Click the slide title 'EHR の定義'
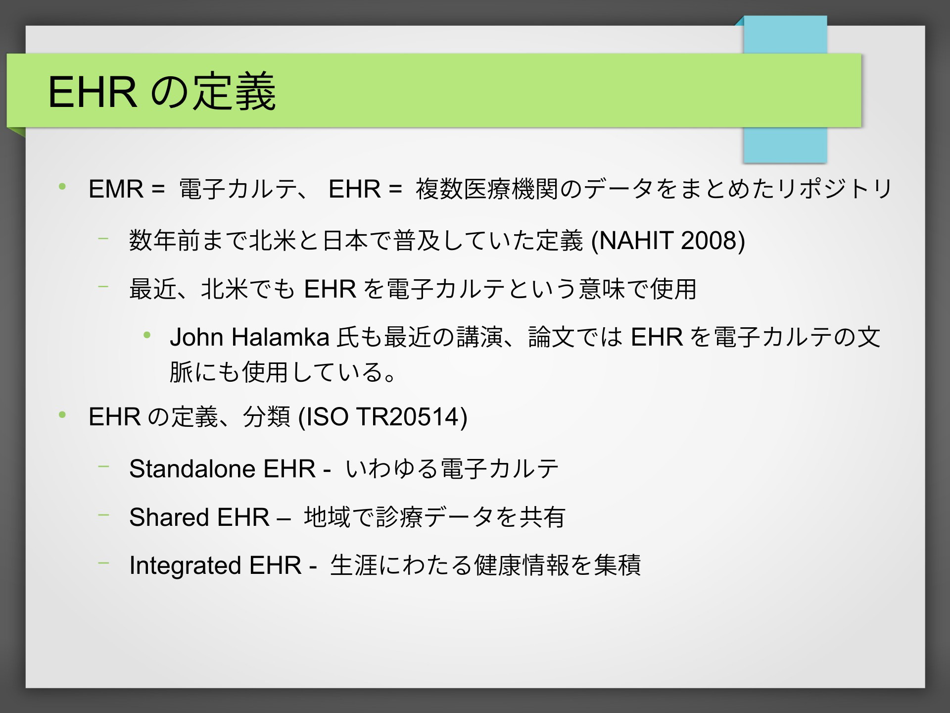pyautogui.click(x=162, y=92)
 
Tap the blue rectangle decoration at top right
pyautogui.click(x=785, y=89)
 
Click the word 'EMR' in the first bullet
pyautogui.click(x=116, y=189)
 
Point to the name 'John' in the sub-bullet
pyautogui.click(x=196, y=338)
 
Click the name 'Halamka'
pyautogui.click(x=281, y=338)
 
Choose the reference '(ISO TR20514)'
pyautogui.click(x=383, y=417)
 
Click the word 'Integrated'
pyautogui.click(x=185, y=565)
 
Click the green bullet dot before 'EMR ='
pyautogui.click(x=62, y=187)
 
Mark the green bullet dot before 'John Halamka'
pyautogui.click(x=146, y=335)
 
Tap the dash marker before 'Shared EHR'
pyautogui.click(x=103, y=515)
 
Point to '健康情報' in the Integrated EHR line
pyautogui.click(x=522, y=565)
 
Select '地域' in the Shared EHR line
pyautogui.click(x=328, y=517)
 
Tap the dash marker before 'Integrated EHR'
pyautogui.click(x=103, y=563)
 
